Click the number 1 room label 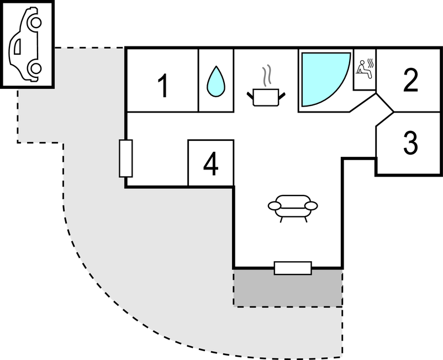(162, 86)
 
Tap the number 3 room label (410, 143)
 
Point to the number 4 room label (210, 164)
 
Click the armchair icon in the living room (293, 205)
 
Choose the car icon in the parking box (27, 44)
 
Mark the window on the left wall (126, 158)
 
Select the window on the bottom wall (293, 268)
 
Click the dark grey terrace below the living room (288, 289)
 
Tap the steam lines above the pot (267, 76)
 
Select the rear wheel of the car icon (35, 68)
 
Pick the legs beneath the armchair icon (293, 218)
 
